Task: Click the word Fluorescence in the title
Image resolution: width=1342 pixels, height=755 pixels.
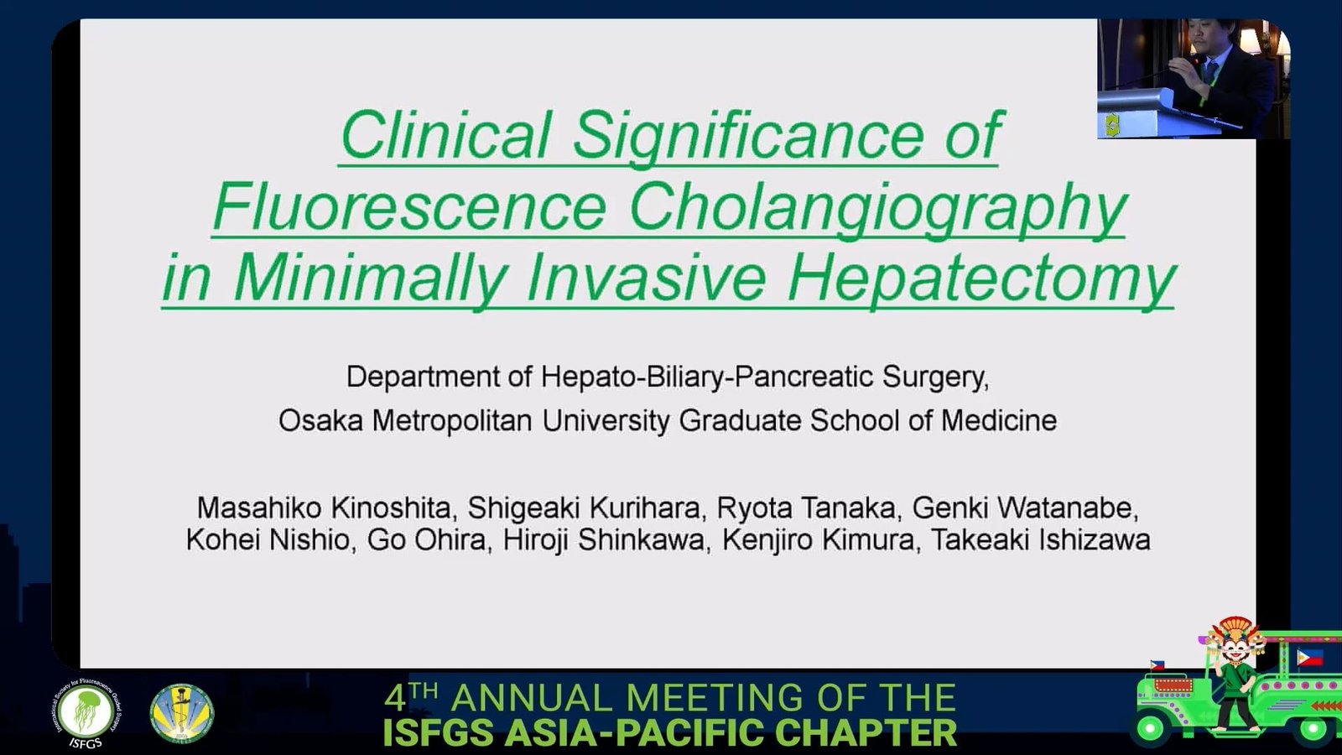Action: [410, 206]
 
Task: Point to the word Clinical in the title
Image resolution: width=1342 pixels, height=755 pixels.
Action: [445, 134]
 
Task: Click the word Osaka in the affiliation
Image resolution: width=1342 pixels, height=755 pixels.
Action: [320, 420]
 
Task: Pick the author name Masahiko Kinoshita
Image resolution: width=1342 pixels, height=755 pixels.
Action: [324, 508]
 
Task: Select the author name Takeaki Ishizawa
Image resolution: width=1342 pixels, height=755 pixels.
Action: [1040, 540]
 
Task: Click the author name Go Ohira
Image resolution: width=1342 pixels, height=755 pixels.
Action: [426, 540]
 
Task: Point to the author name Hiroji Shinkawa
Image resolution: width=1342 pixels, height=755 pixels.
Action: [604, 540]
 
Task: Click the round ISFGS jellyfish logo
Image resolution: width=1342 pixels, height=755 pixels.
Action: [86, 713]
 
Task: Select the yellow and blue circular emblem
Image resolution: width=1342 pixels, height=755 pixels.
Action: [181, 713]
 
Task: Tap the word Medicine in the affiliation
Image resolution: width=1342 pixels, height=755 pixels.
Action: [999, 420]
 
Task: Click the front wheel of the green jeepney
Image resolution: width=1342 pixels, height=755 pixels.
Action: [1150, 729]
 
